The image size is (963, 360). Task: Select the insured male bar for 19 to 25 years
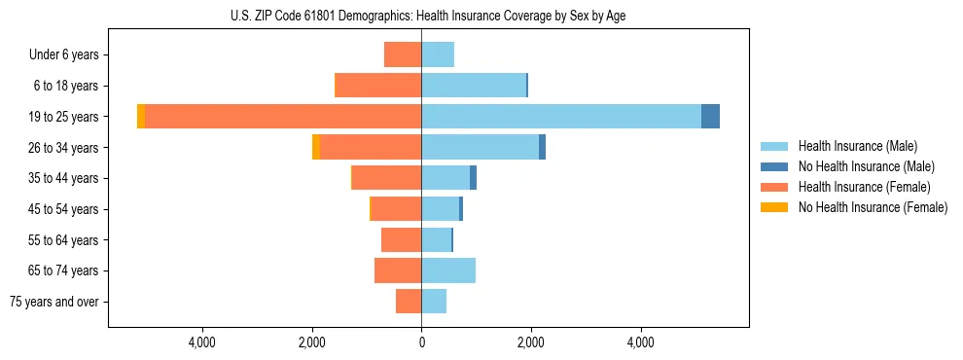click(x=561, y=117)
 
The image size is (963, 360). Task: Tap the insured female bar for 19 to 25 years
click(x=282, y=117)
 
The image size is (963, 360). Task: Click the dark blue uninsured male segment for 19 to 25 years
click(x=710, y=117)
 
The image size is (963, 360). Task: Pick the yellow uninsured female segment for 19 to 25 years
click(x=141, y=117)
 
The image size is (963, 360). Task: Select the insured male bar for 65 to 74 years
click(x=448, y=270)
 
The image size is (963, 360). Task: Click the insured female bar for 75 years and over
click(x=409, y=302)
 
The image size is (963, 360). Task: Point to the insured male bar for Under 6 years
click(x=438, y=54)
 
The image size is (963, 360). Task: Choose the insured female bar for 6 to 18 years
click(x=377, y=86)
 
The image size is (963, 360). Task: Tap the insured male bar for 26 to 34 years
click(x=481, y=147)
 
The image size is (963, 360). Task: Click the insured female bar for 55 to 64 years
click(x=401, y=239)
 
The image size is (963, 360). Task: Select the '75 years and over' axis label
click(x=54, y=302)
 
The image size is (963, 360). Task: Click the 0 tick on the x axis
click(x=421, y=342)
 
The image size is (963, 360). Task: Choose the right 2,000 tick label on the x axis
click(x=530, y=342)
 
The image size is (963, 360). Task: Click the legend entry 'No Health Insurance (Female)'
click(x=872, y=207)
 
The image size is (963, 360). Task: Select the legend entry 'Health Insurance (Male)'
click(x=857, y=146)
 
